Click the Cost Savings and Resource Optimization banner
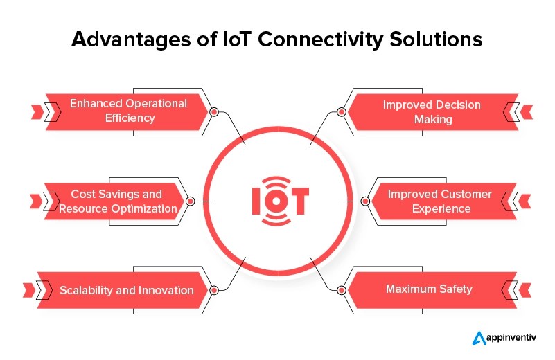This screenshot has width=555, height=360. coord(116,201)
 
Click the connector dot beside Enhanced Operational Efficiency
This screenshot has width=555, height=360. coord(214,111)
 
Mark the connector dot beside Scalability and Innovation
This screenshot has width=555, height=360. coord(214,290)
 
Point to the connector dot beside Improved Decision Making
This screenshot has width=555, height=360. coord(340,111)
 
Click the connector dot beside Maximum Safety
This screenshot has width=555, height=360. coord(340,290)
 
